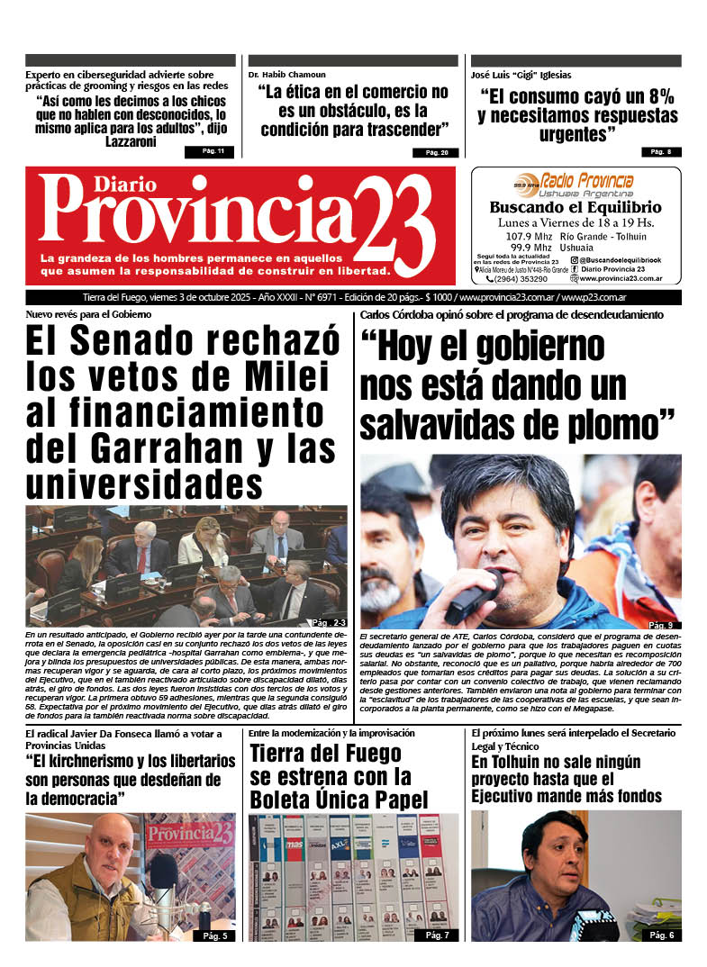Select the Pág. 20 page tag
tap(436, 152)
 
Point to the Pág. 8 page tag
tap(660, 152)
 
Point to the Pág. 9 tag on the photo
tap(659, 625)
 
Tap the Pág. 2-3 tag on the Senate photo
tap(326, 623)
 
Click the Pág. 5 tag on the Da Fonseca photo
tap(215, 936)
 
